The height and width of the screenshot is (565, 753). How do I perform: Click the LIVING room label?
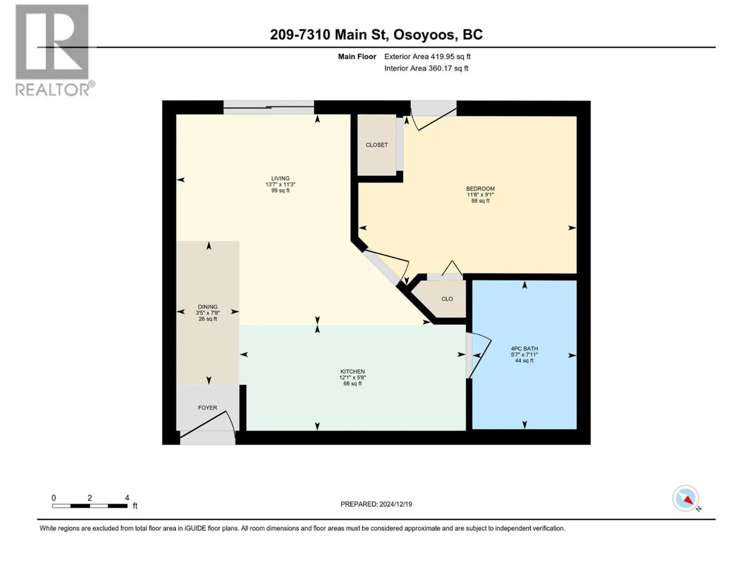[x=280, y=178]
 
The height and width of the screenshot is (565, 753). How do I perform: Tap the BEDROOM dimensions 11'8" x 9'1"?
[x=480, y=195]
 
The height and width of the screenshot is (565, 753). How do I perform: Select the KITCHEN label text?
[x=352, y=371]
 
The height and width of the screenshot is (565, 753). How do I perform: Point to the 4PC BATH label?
[x=524, y=348]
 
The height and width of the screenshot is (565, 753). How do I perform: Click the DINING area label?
[x=207, y=307]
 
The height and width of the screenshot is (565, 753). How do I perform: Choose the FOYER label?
[x=207, y=408]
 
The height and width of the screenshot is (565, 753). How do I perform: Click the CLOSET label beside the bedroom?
[x=376, y=145]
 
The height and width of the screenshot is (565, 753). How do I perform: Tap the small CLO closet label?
[x=447, y=299]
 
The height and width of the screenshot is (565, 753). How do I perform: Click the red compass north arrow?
[x=688, y=499]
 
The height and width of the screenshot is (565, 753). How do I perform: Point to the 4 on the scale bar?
[x=127, y=498]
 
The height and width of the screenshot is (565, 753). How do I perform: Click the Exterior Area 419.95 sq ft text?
[x=427, y=56]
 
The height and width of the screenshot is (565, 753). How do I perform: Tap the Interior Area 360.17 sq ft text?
[x=426, y=68]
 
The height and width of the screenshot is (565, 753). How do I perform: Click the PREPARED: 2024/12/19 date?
[x=376, y=504]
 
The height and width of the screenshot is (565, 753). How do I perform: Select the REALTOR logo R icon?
[x=52, y=42]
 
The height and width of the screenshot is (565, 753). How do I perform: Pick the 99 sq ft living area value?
[x=280, y=191]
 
